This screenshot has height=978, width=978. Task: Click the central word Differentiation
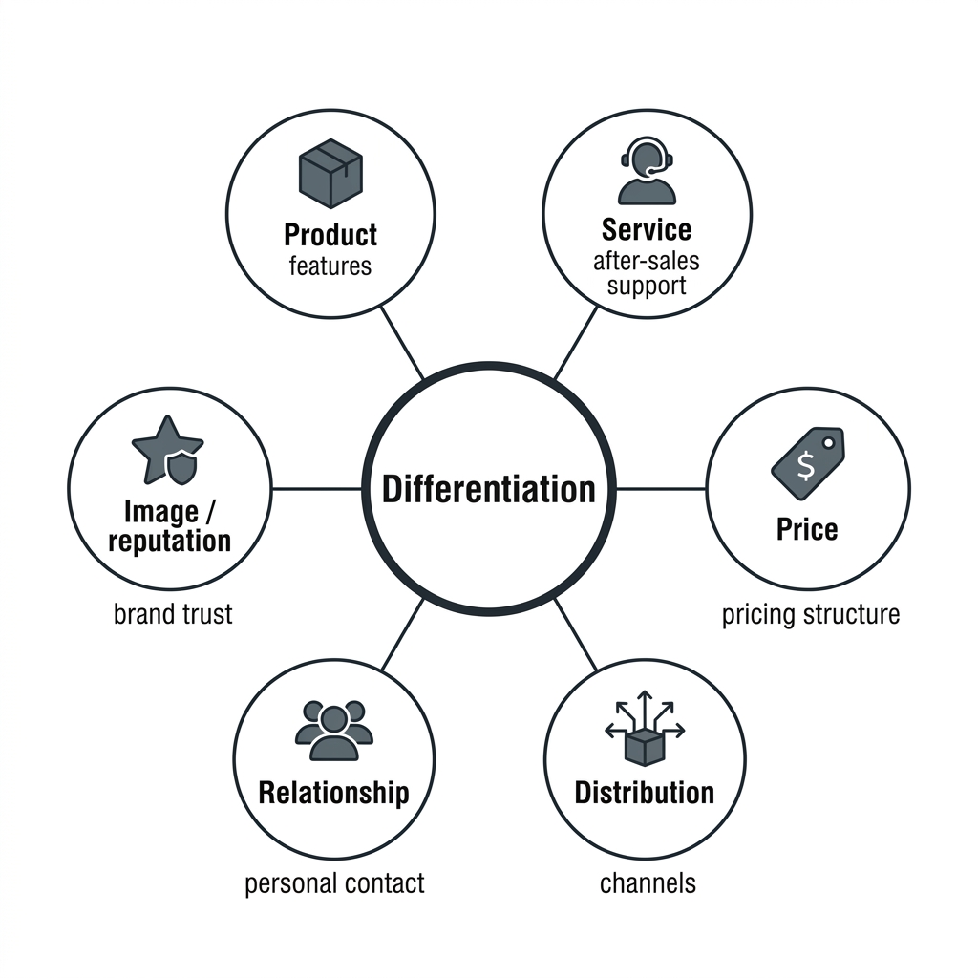point(488,489)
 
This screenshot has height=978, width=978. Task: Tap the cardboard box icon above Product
point(330,174)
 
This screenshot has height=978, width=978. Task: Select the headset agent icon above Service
point(647,170)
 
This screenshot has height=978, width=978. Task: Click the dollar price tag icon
point(808,463)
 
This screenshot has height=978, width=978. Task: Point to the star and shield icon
point(167,451)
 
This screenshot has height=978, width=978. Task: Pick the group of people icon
point(333,731)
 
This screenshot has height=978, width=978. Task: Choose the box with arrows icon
point(645,728)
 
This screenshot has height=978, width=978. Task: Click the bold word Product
point(330,235)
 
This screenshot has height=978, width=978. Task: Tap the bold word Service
point(647,229)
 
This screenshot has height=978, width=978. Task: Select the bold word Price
point(807,529)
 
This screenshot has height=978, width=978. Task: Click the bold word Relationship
point(333,793)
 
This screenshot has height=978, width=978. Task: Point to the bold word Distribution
point(645,793)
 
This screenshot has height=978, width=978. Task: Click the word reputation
point(170,541)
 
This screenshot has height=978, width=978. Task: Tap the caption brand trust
point(173,614)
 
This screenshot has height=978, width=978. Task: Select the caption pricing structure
point(811,615)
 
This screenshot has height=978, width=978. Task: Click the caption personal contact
point(334,883)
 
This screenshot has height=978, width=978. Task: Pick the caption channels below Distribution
point(648,883)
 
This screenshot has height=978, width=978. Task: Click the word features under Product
point(330,266)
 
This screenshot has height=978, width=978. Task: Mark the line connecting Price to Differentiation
point(661,489)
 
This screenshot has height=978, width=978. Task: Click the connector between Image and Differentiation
point(317,489)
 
